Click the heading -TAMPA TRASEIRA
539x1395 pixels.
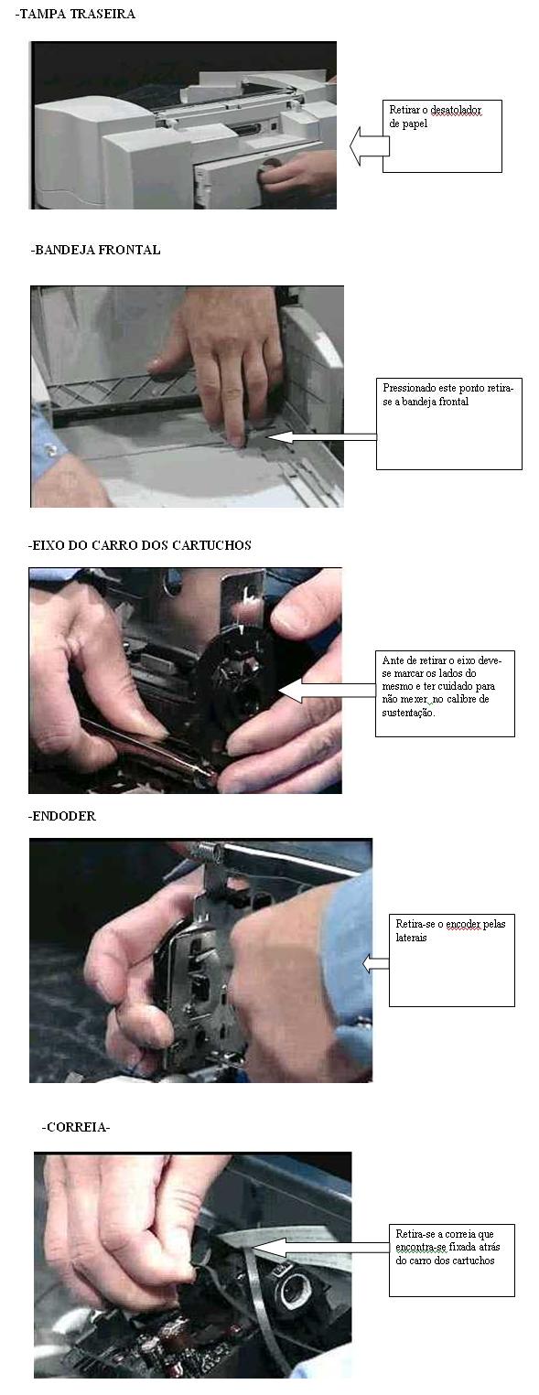pyautogui.click(x=75, y=14)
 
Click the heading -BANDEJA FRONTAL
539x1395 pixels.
pyautogui.click(x=95, y=250)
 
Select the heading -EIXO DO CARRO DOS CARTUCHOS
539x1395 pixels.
pyautogui.click(x=140, y=545)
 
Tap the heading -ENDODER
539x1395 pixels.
pyautogui.click(x=61, y=816)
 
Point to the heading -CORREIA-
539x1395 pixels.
pyautogui.click(x=75, y=1127)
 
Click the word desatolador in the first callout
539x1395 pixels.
pyautogui.click(x=456, y=111)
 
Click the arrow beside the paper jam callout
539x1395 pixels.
pyautogui.click(x=370, y=146)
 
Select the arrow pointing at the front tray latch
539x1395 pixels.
pyautogui.click(x=321, y=437)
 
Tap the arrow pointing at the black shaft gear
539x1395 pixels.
pyautogui.click(x=327, y=691)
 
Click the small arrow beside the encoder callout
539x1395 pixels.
pyautogui.click(x=376, y=964)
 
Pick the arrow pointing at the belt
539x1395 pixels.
pyautogui.click(x=321, y=1248)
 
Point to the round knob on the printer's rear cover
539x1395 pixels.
pyautogui.click(x=272, y=166)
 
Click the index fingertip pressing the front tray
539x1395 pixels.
pyautogui.click(x=236, y=440)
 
